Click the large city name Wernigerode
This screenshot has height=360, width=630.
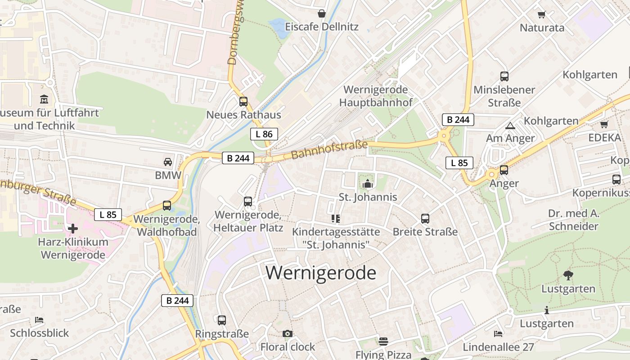click(x=321, y=273)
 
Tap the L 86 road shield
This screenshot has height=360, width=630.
click(x=264, y=134)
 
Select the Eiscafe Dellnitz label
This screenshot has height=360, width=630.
click(x=322, y=27)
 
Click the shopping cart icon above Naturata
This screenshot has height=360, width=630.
click(x=542, y=14)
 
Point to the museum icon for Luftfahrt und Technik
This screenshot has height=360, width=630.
click(x=44, y=99)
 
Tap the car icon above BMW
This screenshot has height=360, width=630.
click(x=168, y=162)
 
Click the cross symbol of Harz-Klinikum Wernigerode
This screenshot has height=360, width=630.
click(x=72, y=229)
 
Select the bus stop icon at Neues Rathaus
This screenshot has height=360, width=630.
click(x=243, y=101)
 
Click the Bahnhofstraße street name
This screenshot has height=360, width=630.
click(x=329, y=150)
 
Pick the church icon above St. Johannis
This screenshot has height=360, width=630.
click(x=368, y=183)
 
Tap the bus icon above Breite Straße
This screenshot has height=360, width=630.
click(x=425, y=219)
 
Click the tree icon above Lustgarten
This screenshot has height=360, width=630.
click(x=568, y=275)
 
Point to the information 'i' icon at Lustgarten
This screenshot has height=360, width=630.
click(x=547, y=310)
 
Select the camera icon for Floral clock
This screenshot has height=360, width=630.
click(x=288, y=333)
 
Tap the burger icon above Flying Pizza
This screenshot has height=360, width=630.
click(x=383, y=341)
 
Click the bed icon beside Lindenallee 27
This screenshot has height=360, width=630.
click(x=498, y=333)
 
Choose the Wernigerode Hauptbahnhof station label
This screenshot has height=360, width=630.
click(x=376, y=96)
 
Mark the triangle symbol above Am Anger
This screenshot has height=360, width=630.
click(x=510, y=126)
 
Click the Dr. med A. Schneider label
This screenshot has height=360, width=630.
click(x=573, y=220)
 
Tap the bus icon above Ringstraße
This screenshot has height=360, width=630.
click(x=222, y=320)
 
